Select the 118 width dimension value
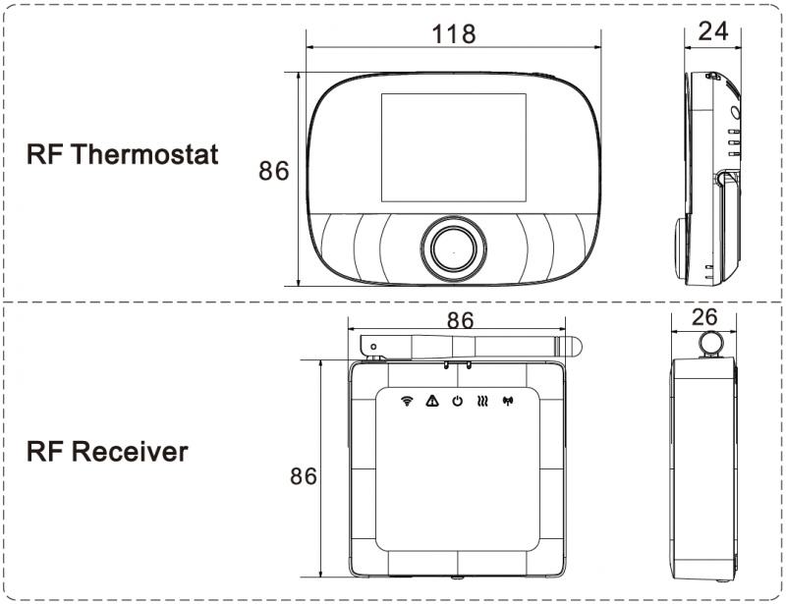tap(453, 33)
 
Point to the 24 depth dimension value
tap(712, 31)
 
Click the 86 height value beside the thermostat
tap(274, 171)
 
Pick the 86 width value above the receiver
tap(460, 321)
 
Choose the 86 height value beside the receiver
tap(305, 477)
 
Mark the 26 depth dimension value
tap(704, 317)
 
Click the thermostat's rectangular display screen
tap(453, 149)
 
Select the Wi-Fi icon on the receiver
tap(407, 401)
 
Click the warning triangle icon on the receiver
tap(431, 401)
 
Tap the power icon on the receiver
tap(457, 401)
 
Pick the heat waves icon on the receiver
tap(482, 401)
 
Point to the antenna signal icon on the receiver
tap(508, 401)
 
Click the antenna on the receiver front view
tap(472, 344)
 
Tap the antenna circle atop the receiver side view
tap(706, 341)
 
